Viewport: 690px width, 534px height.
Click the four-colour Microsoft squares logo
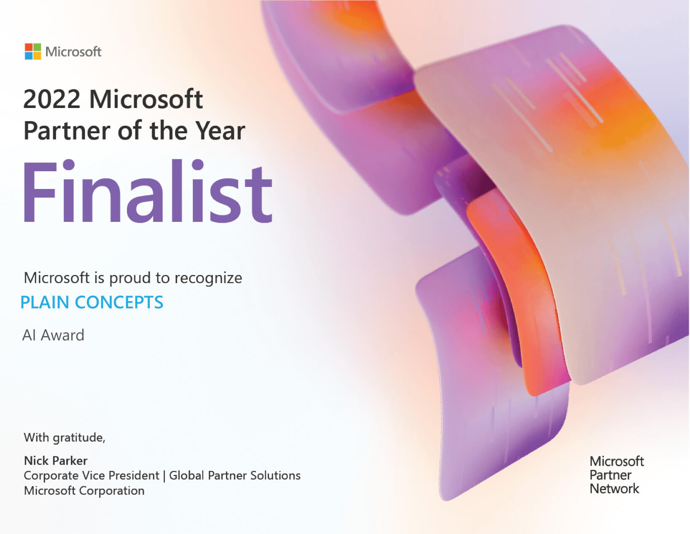(33, 51)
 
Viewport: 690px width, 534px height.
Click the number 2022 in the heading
(52, 99)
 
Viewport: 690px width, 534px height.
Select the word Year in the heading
(220, 131)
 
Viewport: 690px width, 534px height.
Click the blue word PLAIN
(45, 302)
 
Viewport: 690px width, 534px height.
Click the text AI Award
(53, 335)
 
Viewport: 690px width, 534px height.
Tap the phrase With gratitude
(65, 438)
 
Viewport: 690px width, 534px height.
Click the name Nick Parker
(56, 461)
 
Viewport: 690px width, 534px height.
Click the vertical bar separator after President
(164, 476)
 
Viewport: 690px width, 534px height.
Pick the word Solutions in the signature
(275, 476)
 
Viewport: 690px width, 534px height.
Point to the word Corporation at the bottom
(112, 491)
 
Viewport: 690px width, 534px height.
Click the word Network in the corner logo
(614, 489)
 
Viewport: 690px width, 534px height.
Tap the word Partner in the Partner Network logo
(610, 475)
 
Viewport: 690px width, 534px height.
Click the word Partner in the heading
(67, 131)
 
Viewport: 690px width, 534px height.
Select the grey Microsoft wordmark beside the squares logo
(73, 52)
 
